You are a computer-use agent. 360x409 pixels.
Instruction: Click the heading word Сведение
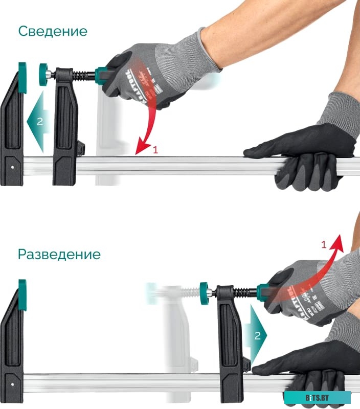pos(53,31)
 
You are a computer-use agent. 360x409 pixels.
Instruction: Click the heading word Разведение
pos(59,254)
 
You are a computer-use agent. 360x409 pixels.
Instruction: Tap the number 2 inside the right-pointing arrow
pos(258,335)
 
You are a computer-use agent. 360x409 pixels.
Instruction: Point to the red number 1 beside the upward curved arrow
pos(323,244)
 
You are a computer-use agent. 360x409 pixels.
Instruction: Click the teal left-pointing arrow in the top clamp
pos(37,122)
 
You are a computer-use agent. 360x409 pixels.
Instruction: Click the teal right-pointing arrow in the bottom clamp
pos(256,335)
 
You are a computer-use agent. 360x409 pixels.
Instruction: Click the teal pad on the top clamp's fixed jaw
pos(22,77)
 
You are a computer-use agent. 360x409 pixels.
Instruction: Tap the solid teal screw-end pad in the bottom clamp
pos(204,293)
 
